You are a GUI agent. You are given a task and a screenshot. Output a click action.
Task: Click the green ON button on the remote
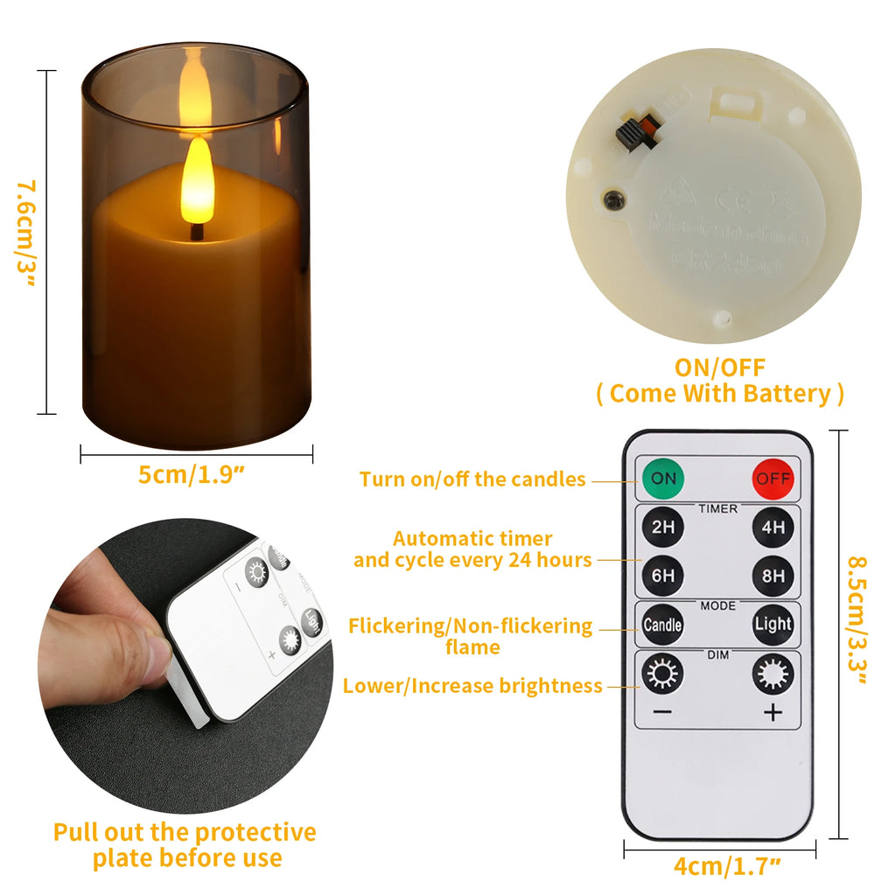663,479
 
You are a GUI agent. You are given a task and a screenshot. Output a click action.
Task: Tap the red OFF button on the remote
773,479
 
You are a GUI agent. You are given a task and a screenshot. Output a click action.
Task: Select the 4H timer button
773,528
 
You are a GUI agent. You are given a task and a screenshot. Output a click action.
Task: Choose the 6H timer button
663,576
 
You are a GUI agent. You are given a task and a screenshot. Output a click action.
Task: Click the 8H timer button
773,576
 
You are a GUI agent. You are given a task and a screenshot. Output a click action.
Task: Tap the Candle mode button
663,625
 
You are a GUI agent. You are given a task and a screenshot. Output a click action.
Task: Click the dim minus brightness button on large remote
663,675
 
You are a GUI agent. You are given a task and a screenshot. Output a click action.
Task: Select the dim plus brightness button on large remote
773,675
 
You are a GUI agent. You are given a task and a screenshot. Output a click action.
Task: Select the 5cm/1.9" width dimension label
191,475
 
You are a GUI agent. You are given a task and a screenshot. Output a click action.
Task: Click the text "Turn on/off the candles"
472,479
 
